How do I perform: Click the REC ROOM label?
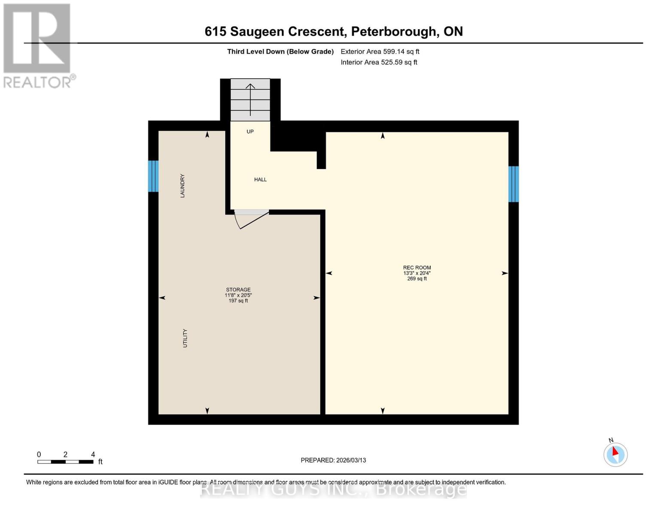pyautogui.click(x=417, y=267)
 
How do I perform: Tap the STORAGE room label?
pyautogui.click(x=238, y=289)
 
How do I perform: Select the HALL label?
pyautogui.click(x=260, y=179)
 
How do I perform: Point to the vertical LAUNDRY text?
pyautogui.click(x=182, y=186)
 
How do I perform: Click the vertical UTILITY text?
pyautogui.click(x=185, y=338)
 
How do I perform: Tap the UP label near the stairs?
pyautogui.click(x=250, y=132)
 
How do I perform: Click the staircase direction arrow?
pyautogui.click(x=250, y=99)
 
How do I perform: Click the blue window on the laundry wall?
pyautogui.click(x=153, y=176)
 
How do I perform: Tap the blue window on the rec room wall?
pyautogui.click(x=514, y=184)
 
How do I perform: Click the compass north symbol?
pyautogui.click(x=615, y=454)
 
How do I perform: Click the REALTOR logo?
pyautogui.click(x=38, y=45)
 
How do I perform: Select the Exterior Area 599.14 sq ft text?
pyautogui.click(x=380, y=52)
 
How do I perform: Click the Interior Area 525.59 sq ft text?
pyautogui.click(x=379, y=62)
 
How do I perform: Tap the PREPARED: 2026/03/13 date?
pyautogui.click(x=333, y=460)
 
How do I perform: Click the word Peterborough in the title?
pyautogui.click(x=393, y=31)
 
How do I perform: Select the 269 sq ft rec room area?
pyautogui.click(x=417, y=279)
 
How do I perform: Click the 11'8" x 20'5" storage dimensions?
pyautogui.click(x=238, y=295)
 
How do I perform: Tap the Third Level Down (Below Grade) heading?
pyautogui.click(x=280, y=52)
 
